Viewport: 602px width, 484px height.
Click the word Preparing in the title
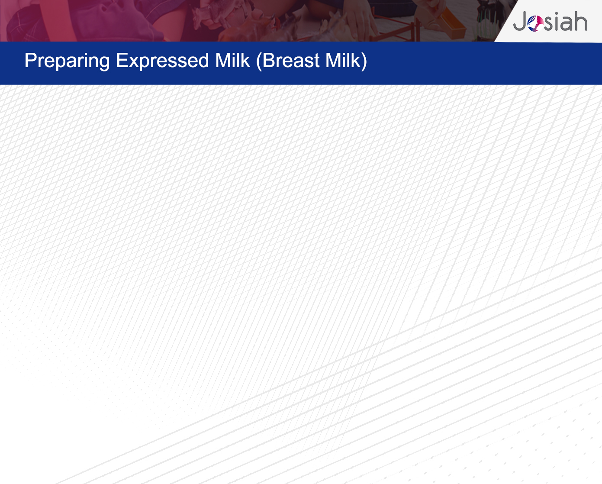point(67,61)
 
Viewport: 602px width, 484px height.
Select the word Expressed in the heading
point(162,60)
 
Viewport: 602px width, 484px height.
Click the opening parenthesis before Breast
point(259,61)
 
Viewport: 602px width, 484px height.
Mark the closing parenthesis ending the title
point(364,61)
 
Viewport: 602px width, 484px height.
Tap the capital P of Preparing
point(30,60)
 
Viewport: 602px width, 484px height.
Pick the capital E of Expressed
point(122,60)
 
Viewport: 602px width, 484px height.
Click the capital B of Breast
point(268,60)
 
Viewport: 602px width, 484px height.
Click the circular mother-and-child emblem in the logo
point(535,23)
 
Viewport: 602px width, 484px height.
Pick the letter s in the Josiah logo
point(548,23)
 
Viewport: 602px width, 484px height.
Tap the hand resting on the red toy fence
point(361,17)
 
